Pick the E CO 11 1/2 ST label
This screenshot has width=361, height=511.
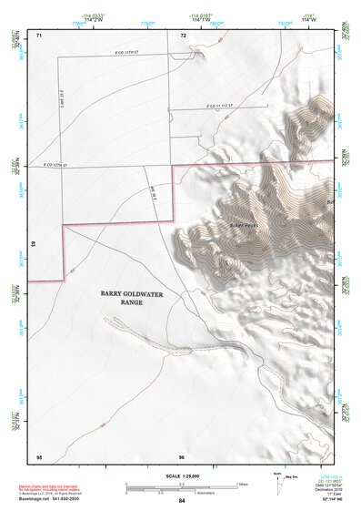click(205, 107)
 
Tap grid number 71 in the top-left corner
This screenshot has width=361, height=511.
click(39, 35)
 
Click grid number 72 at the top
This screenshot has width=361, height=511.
click(183, 35)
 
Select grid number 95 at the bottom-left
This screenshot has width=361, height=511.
click(39, 455)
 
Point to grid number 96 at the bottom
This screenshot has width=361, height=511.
click(182, 455)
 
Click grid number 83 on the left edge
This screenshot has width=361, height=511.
click(33, 245)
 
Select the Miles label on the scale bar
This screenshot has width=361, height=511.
click(241, 483)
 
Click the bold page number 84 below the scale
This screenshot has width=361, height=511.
click(182, 501)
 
